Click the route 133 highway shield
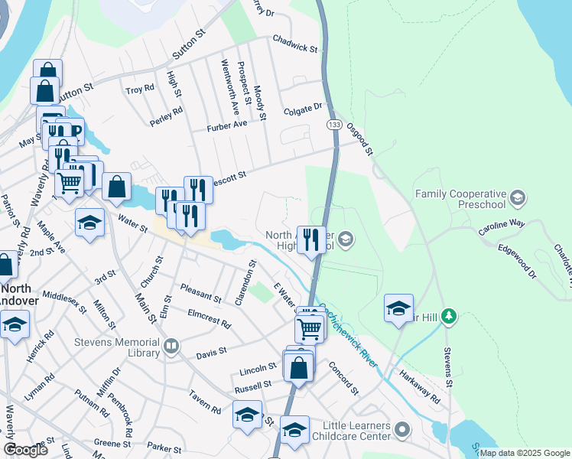pos(333,124)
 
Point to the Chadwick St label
pos(294,43)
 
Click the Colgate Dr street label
pos(304,109)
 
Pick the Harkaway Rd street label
pos(420,388)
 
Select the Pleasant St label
pos(200,293)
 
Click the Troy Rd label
pos(140,90)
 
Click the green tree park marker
pos(450,315)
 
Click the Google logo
pos(25,450)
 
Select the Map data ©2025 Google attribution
pos(524,453)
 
